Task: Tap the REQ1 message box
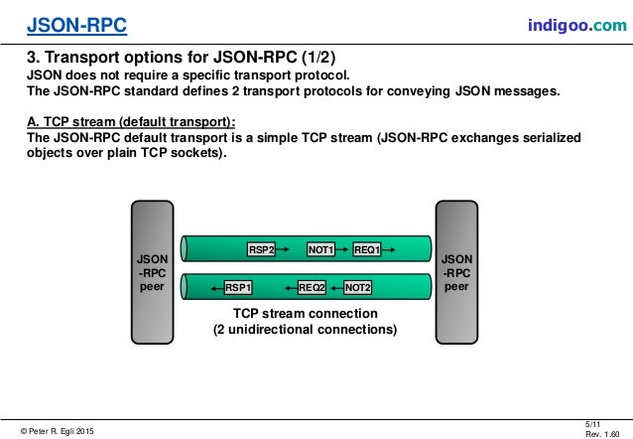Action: click(367, 249)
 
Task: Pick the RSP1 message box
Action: click(238, 287)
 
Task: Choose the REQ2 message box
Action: click(313, 287)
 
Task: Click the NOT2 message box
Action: click(358, 287)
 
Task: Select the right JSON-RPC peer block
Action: click(456, 270)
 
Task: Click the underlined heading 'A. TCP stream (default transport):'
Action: click(130, 122)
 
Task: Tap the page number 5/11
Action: click(596, 423)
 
